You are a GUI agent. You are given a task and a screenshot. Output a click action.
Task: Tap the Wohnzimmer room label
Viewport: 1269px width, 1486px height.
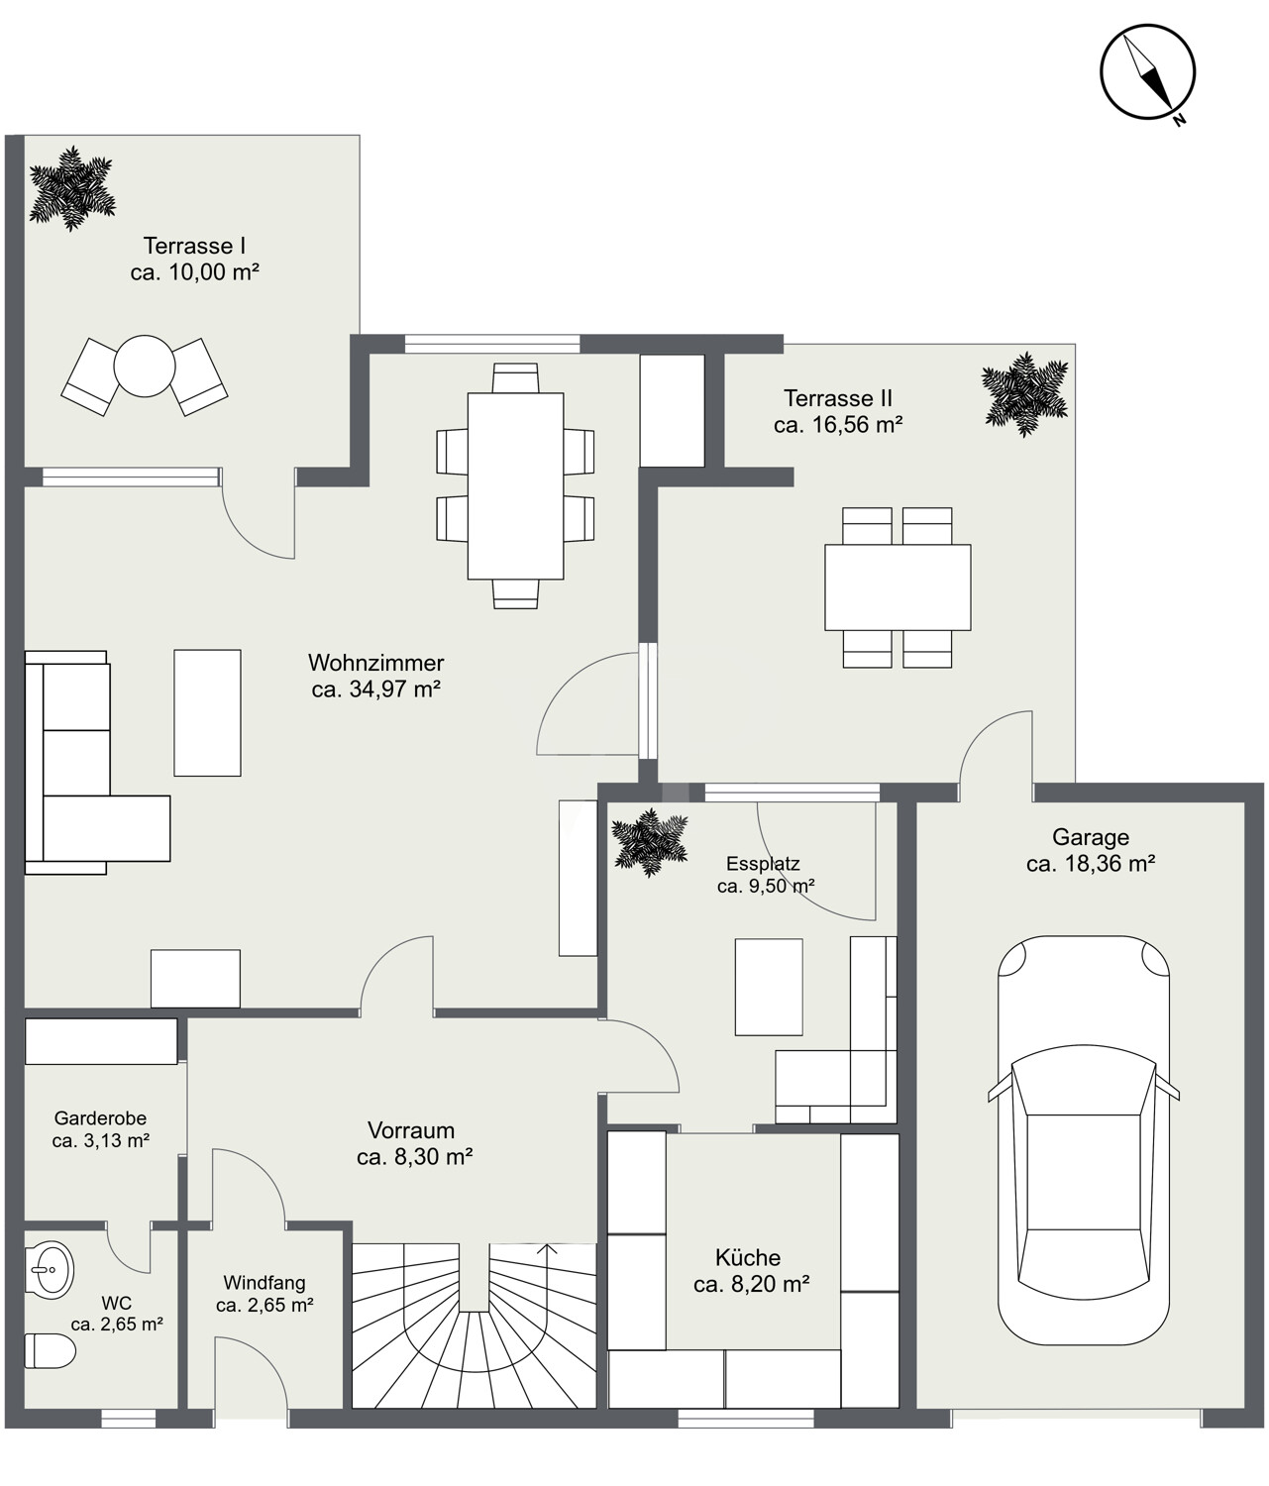(376, 662)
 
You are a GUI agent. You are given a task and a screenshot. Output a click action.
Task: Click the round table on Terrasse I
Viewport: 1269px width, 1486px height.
(145, 366)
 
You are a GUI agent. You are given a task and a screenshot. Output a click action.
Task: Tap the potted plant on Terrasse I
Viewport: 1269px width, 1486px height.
(72, 188)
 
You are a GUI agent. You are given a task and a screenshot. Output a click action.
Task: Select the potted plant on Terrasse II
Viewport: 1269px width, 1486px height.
(1024, 394)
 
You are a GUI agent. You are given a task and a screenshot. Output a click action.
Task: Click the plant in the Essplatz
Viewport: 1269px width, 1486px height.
(649, 842)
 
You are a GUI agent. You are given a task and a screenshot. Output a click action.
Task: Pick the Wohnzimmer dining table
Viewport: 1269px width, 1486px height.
(515, 486)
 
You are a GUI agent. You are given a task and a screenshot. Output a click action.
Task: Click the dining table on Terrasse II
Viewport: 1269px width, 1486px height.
(898, 587)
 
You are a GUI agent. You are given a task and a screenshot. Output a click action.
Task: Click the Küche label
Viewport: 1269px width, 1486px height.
(748, 1257)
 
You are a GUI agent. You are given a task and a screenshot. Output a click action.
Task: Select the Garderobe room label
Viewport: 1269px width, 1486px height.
(100, 1117)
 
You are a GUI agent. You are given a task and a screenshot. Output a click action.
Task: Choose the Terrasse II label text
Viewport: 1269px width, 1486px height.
(838, 397)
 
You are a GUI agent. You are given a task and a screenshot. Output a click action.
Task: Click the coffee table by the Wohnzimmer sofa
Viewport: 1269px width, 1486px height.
(207, 712)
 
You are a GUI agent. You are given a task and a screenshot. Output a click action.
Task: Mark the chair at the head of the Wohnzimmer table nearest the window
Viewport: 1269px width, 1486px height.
(515, 377)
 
